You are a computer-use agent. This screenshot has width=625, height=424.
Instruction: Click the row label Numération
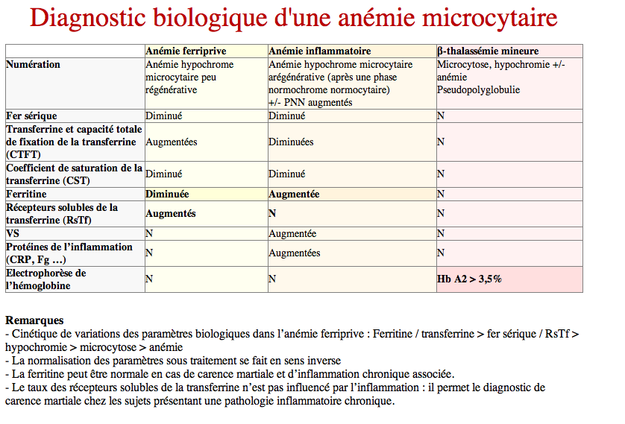coord(33,65)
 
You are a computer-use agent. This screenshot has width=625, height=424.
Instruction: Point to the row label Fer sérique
coord(31,116)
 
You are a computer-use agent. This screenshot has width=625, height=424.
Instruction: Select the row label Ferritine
coord(26,194)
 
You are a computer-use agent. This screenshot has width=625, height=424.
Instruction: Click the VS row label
coord(12,233)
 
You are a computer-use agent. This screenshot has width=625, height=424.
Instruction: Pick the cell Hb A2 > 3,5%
coord(469,279)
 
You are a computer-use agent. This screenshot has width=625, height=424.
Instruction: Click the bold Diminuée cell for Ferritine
coord(167,194)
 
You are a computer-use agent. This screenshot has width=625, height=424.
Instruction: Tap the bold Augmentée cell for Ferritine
coord(294,194)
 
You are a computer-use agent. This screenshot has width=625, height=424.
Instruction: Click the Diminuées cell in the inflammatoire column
coord(291,142)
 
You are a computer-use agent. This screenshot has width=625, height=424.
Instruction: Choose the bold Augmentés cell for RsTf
coord(171,213)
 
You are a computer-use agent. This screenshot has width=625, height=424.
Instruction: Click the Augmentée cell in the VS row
coord(292,233)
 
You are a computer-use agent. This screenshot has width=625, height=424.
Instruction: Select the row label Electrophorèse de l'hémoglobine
coord(45,279)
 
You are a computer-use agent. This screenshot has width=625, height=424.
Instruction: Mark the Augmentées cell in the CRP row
coord(295,253)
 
